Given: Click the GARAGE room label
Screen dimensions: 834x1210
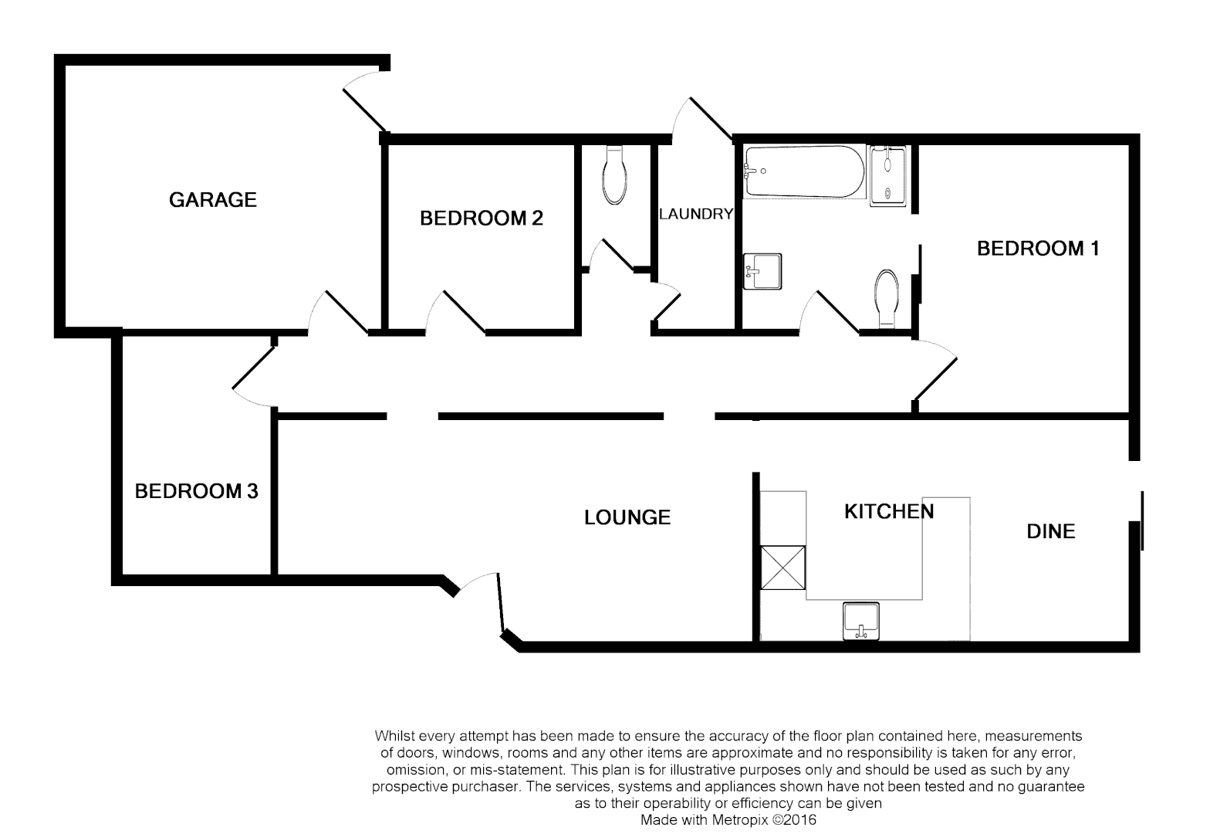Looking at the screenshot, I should (212, 200).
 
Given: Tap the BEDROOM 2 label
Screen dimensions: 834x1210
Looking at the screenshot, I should (481, 219).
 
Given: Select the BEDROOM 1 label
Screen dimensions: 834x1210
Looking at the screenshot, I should (1037, 249).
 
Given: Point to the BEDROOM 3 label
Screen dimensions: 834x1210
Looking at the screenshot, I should (196, 491).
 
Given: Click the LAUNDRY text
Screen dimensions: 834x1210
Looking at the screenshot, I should (695, 214).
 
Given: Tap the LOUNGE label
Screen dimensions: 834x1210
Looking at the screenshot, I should (627, 517).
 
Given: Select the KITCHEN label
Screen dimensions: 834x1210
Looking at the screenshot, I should (888, 511).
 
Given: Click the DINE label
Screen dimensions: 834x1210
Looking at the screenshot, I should (1050, 531).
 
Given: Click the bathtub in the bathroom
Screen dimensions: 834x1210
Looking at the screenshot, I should (803, 171).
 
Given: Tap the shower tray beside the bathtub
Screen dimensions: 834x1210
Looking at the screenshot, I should (890, 175).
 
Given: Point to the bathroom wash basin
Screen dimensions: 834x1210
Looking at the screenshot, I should (762, 272).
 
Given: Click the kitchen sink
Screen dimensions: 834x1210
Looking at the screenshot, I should (861, 621).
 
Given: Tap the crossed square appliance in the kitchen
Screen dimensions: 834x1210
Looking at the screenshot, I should (782, 568).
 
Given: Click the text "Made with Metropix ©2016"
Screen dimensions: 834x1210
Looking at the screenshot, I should (728, 820).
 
